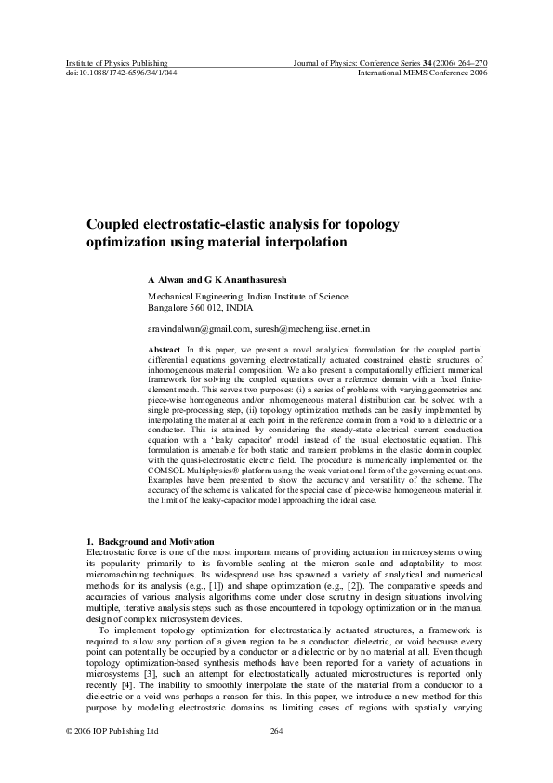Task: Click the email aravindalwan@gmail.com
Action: coord(199,329)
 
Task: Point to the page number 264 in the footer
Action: coord(275,731)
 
